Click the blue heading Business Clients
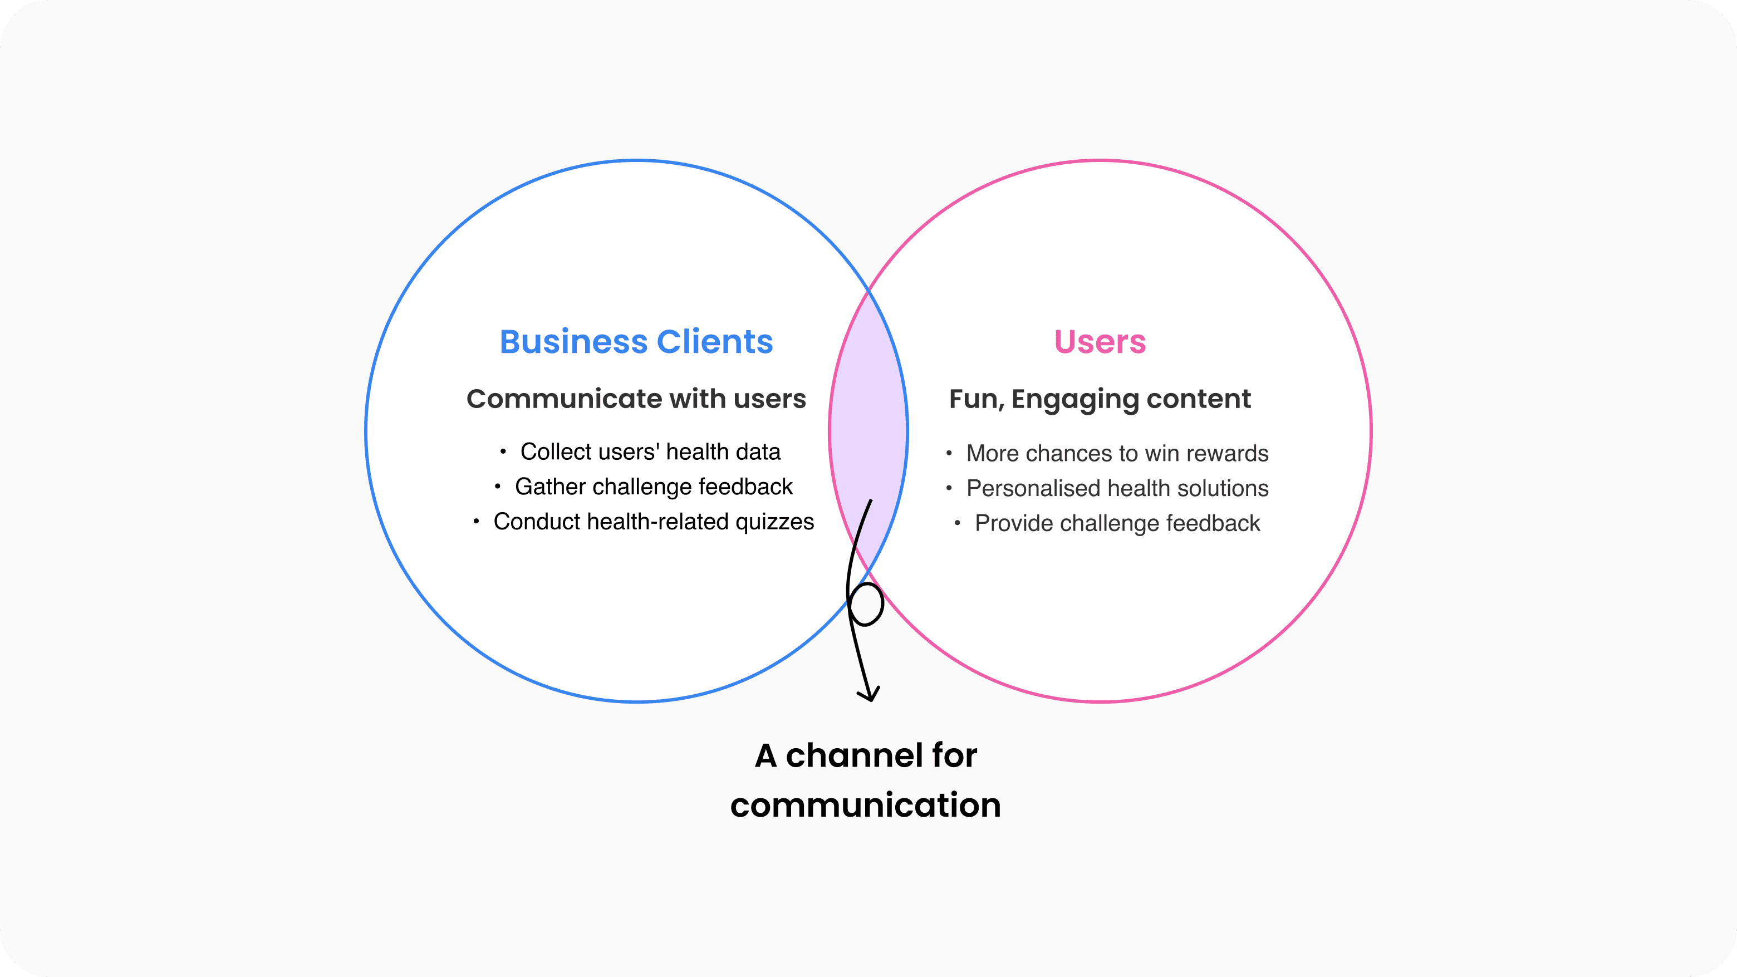point(636,342)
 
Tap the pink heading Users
point(1100,342)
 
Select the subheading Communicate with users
point(636,399)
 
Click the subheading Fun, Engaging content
point(1100,399)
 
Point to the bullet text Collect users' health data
point(650,451)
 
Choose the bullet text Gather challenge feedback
point(654,487)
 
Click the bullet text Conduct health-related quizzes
point(654,522)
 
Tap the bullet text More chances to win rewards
point(1117,454)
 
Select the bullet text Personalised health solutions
point(1117,488)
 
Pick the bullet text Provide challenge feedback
point(1117,523)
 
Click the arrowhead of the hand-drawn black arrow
point(870,695)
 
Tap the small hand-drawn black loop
point(866,604)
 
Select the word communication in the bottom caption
point(865,805)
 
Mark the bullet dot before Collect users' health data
point(503,451)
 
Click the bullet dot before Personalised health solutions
point(949,488)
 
